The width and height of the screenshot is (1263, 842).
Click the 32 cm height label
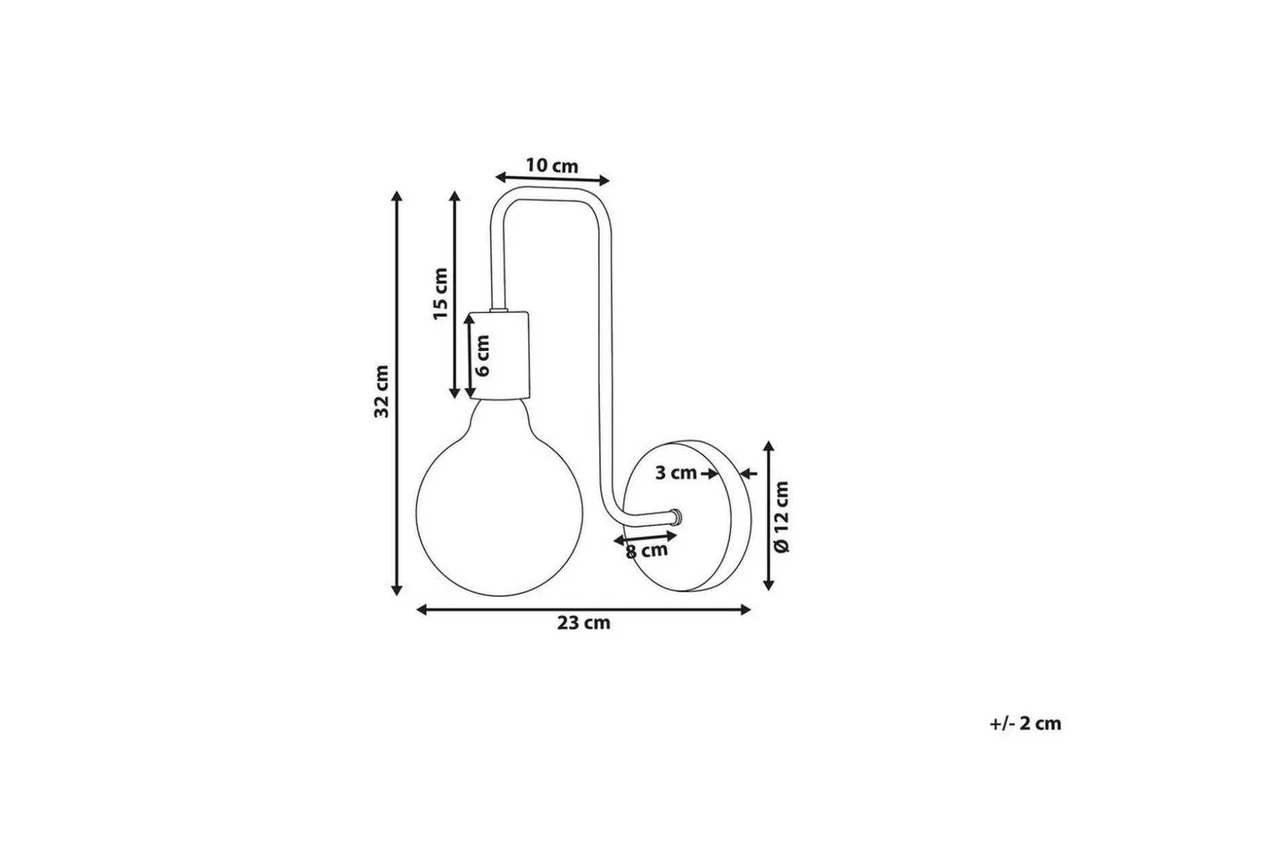click(x=382, y=391)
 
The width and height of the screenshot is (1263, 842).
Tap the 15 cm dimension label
click(x=440, y=294)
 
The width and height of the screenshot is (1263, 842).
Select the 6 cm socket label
click(x=481, y=356)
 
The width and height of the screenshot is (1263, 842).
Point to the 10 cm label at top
click(x=551, y=165)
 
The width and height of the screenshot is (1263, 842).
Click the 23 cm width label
click(x=583, y=623)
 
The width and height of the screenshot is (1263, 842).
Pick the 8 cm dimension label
click(x=646, y=551)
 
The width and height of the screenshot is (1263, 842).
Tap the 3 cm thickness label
click(x=676, y=473)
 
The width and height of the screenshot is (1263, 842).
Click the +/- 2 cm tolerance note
click(x=1025, y=724)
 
